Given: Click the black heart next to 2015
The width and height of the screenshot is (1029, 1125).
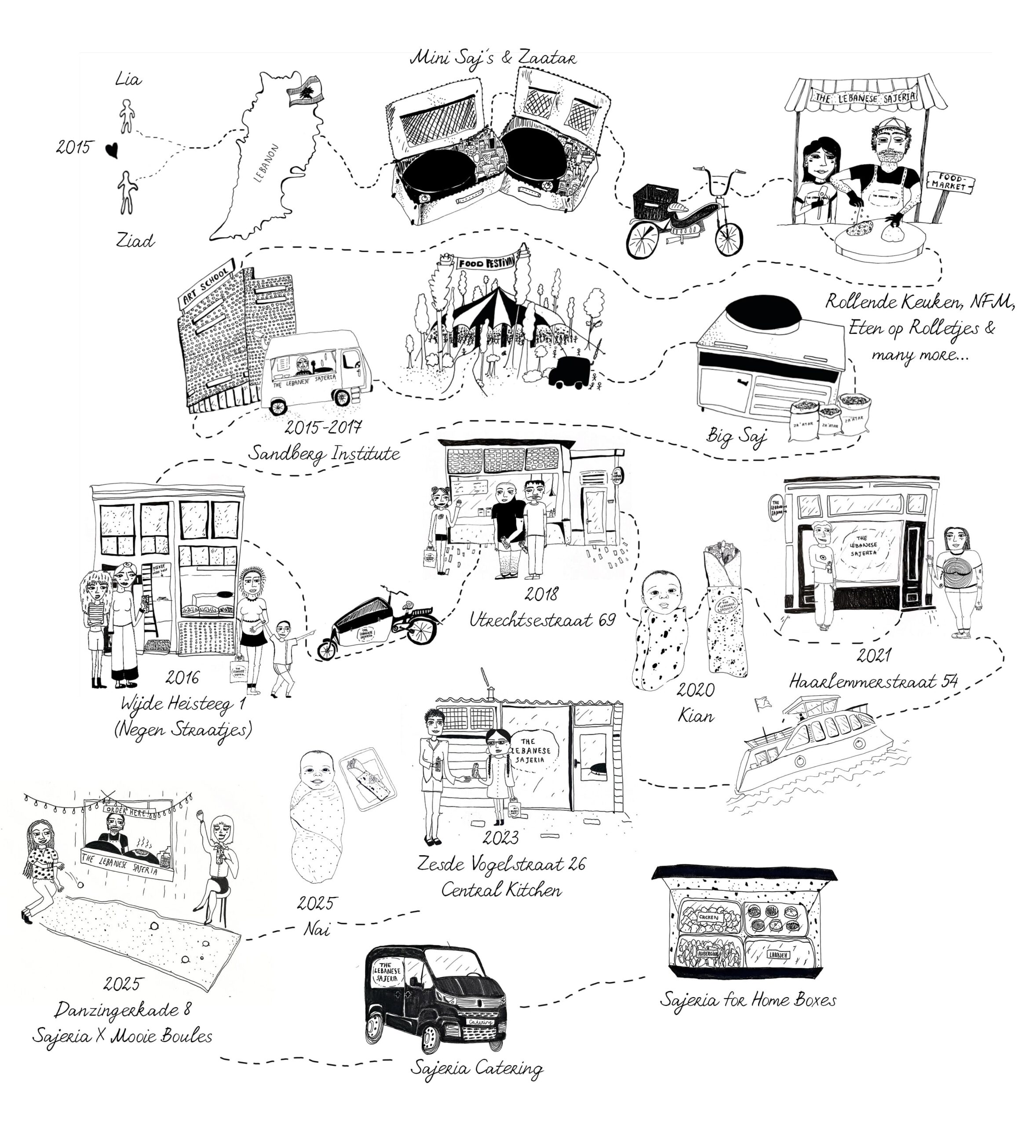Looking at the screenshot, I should (112, 149).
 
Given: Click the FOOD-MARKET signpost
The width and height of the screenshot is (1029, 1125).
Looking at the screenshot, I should (950, 182).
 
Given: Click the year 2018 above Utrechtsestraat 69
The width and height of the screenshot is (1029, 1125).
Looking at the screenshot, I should (541, 594).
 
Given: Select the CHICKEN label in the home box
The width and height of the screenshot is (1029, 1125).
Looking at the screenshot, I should (708, 917).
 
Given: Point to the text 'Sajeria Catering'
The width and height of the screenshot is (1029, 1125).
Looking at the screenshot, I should (477, 1068).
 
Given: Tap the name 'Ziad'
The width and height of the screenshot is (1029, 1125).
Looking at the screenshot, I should (135, 241).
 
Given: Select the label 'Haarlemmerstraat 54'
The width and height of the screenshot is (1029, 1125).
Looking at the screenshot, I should (873, 681).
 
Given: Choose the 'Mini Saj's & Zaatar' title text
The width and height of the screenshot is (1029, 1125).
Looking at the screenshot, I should (493, 58).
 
